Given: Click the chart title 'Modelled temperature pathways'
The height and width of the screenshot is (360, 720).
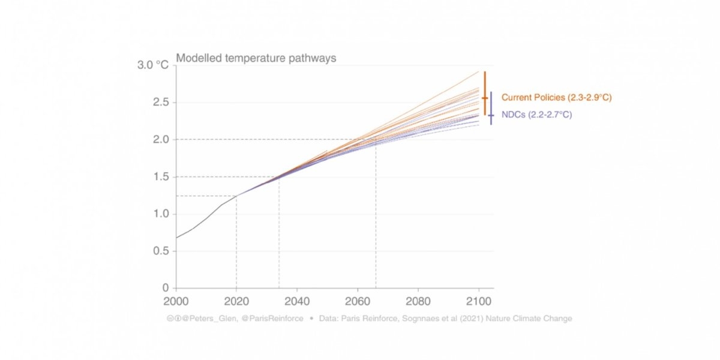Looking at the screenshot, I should [x=256, y=59].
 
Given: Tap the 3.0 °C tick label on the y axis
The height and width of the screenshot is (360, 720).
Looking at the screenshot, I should [x=154, y=65].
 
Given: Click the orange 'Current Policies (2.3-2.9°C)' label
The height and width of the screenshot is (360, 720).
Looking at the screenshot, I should [x=556, y=97].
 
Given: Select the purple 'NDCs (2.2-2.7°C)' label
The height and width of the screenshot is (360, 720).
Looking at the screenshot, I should [x=536, y=115].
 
